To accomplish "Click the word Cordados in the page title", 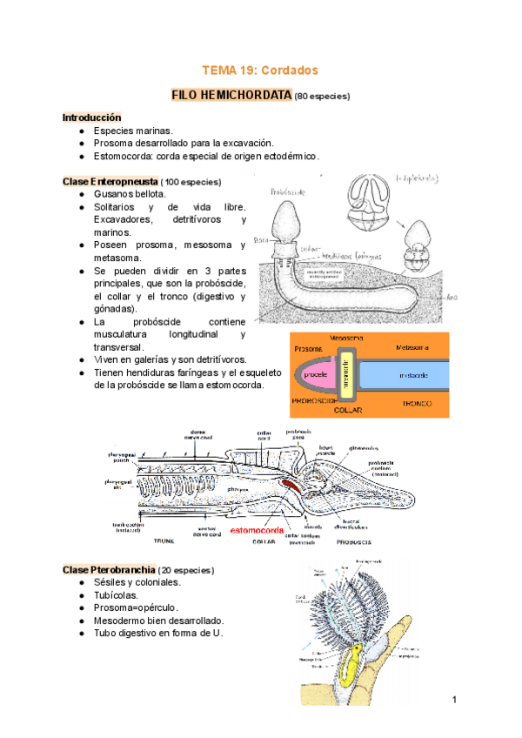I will pos(287,70).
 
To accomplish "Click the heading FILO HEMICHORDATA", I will pos(231,94).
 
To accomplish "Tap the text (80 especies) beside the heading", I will pos(323,95).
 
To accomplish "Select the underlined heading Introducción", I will pos(91,117).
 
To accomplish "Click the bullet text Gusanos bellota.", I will pos(129,194).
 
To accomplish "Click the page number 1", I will pos(454,701).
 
